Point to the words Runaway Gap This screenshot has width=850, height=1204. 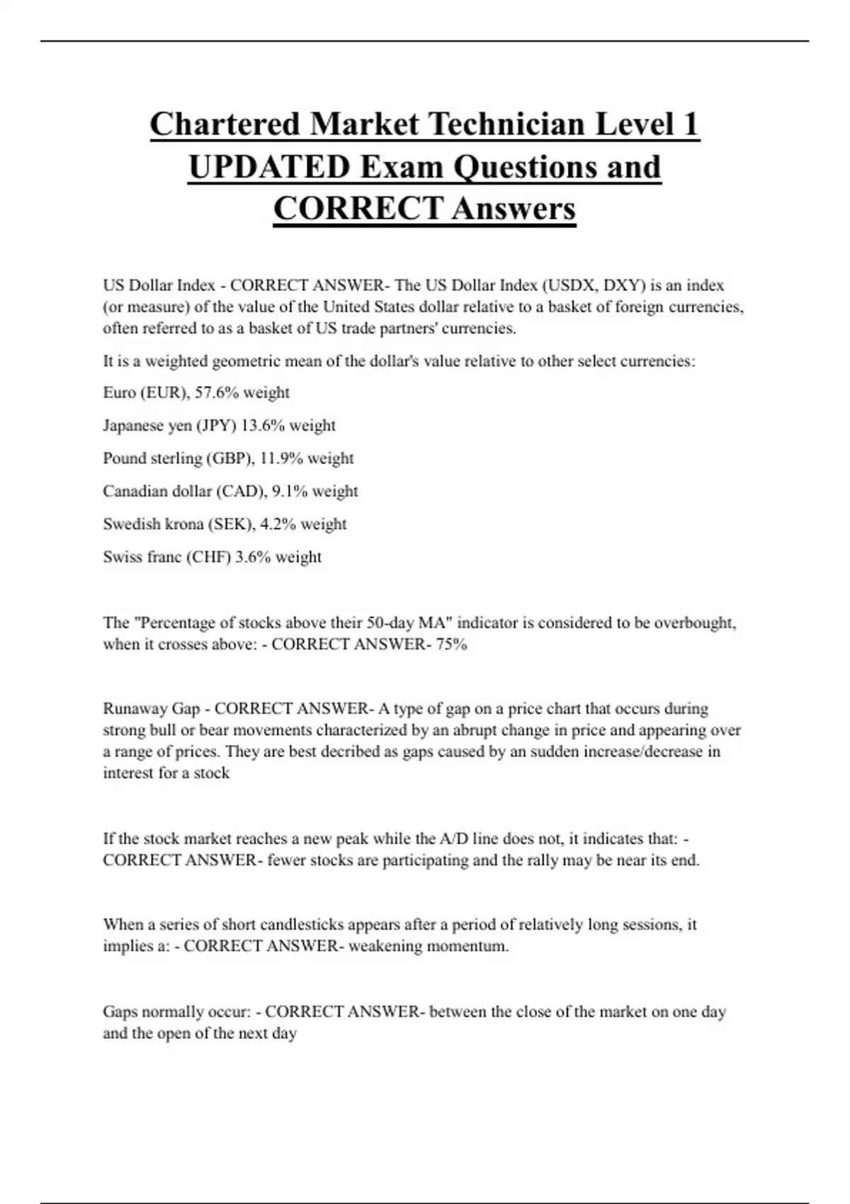click(x=152, y=709)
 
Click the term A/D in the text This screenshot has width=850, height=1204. click(x=454, y=839)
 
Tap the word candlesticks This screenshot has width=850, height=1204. click(x=290, y=925)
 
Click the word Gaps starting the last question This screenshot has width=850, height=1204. click(x=120, y=1012)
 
